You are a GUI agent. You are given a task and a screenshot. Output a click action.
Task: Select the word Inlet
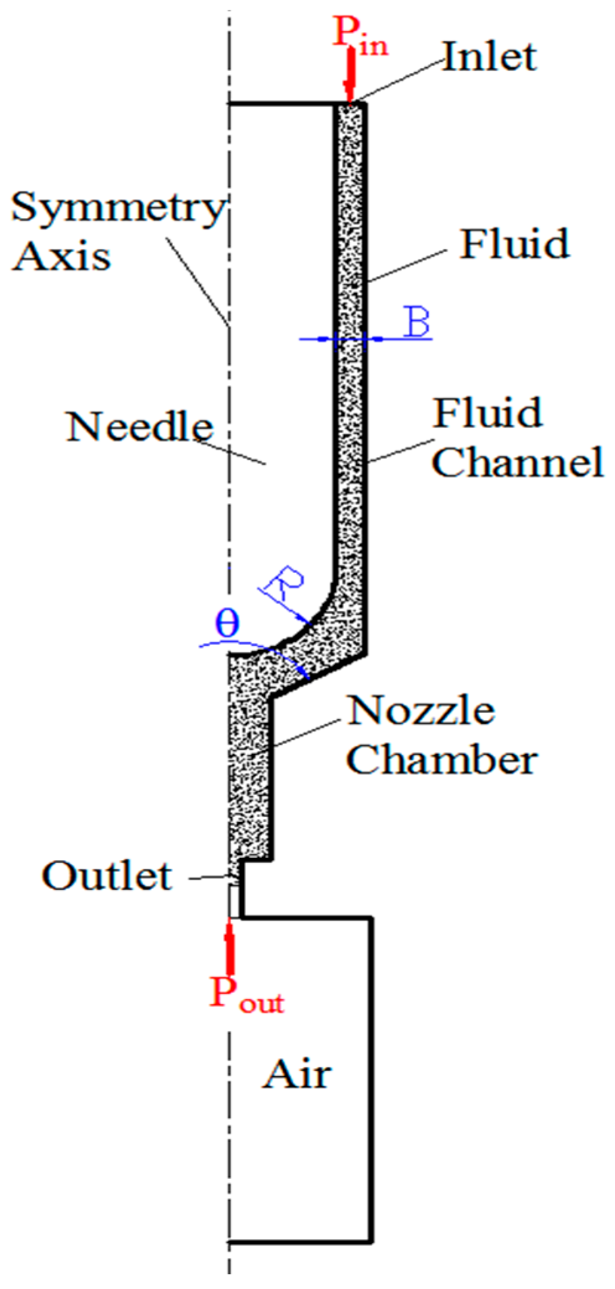[x=489, y=57]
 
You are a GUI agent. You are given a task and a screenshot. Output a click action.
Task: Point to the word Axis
[x=62, y=255]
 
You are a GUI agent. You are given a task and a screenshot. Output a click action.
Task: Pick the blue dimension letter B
[x=416, y=323]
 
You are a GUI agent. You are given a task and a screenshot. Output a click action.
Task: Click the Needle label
[x=140, y=427]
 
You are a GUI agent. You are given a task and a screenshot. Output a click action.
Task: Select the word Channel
[x=518, y=462]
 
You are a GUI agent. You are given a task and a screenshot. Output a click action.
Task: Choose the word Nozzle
[x=422, y=710]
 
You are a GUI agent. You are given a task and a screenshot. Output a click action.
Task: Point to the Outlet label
[x=107, y=876]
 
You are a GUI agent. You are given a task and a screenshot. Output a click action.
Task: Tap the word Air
[x=297, y=1074]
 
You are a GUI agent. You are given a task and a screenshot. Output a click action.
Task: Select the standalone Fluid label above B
[x=514, y=244]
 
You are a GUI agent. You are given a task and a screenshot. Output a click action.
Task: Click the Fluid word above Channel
[x=488, y=413]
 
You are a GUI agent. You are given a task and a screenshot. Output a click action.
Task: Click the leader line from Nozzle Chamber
[x=307, y=733]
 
